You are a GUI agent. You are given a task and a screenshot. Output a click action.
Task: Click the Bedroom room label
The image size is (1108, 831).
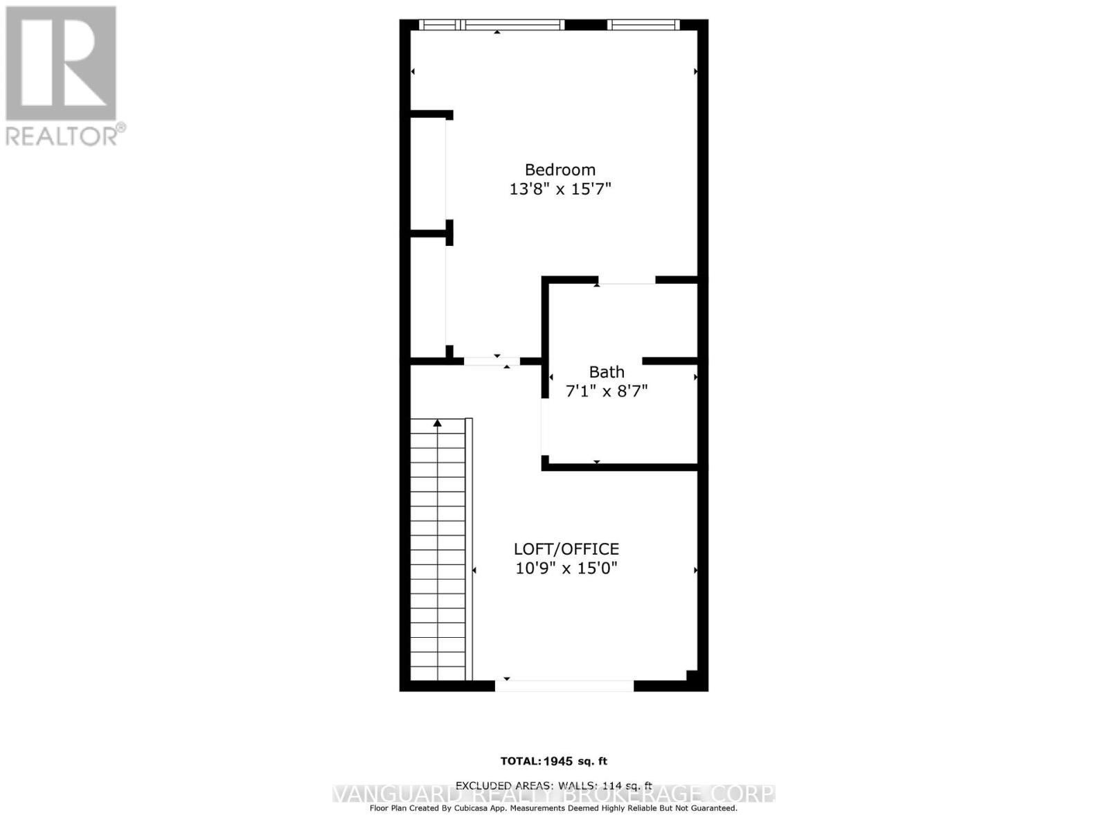click(x=560, y=170)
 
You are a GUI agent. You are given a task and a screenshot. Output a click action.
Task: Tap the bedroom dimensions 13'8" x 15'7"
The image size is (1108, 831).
click(x=560, y=188)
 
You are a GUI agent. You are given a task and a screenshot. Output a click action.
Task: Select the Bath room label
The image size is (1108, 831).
click(x=607, y=372)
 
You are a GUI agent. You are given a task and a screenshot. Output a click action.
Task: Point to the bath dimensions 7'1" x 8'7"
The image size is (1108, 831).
click(x=607, y=391)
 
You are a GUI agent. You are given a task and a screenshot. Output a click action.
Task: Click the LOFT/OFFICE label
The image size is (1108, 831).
click(x=566, y=549)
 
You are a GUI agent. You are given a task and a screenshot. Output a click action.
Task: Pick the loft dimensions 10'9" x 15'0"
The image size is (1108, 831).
click(x=566, y=569)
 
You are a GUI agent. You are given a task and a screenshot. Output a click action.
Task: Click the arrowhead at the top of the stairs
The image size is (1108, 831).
click(x=438, y=422)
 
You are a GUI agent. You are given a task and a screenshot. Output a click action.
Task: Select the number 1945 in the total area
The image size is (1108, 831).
click(x=558, y=761)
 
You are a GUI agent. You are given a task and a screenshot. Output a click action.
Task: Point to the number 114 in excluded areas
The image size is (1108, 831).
click(x=613, y=785)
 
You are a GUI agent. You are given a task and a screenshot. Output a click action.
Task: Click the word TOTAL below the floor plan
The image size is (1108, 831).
click(x=519, y=761)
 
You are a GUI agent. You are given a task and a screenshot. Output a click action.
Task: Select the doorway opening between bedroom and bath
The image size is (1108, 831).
click(x=626, y=280)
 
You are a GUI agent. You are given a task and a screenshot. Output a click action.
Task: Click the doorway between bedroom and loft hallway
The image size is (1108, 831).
click(x=492, y=361)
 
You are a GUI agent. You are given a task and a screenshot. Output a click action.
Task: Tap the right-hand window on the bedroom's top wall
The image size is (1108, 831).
click(x=643, y=25)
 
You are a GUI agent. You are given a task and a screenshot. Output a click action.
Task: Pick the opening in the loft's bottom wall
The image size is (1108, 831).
click(x=564, y=686)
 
